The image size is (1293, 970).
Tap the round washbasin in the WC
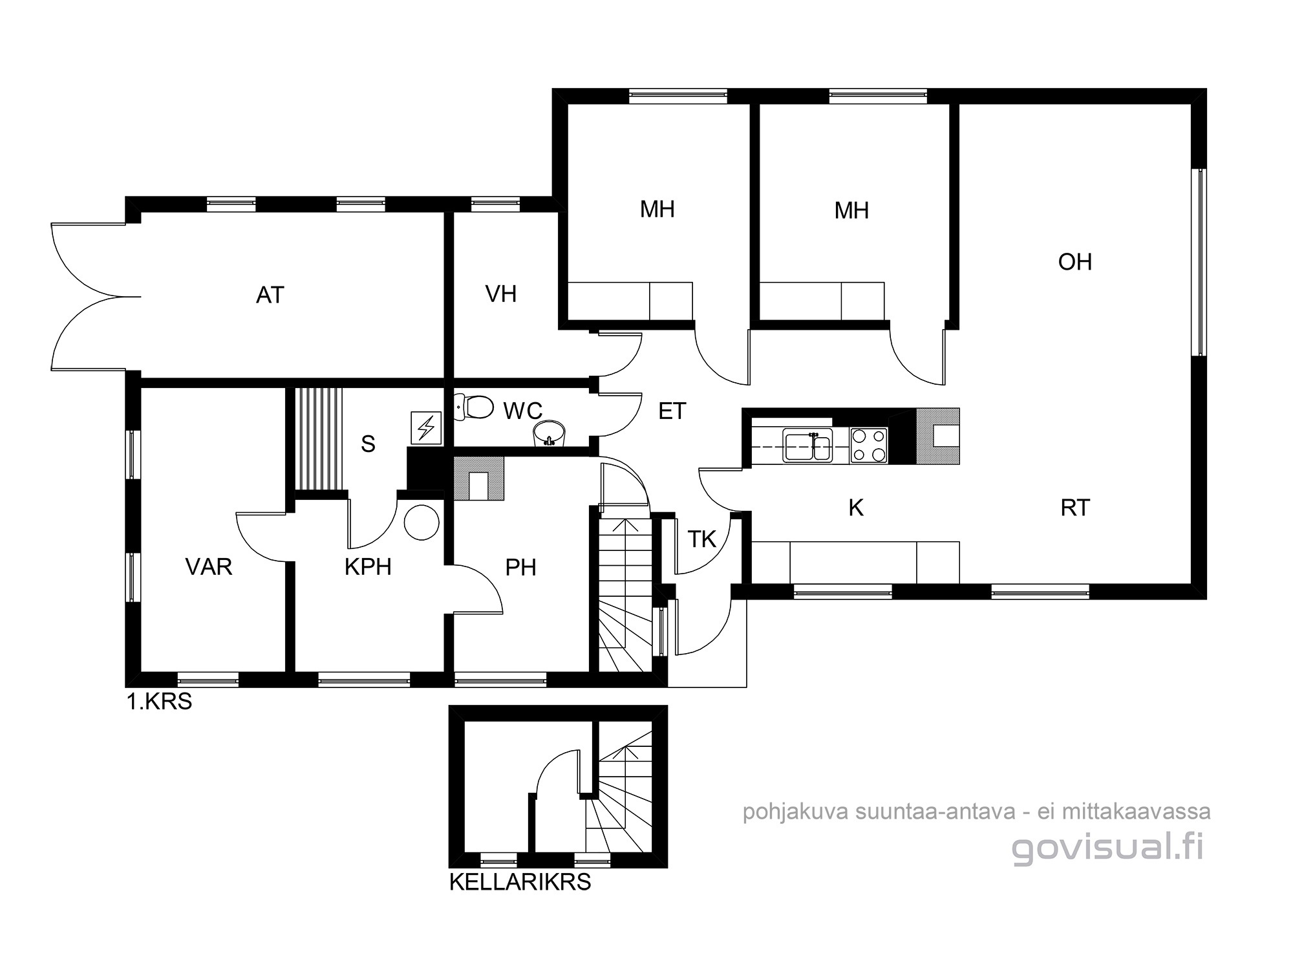pyautogui.click(x=549, y=433)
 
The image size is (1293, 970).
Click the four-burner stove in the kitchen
pyautogui.click(x=868, y=446)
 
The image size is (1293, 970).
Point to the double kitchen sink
pyautogui.click(x=807, y=446)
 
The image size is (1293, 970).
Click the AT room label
pyautogui.click(x=270, y=295)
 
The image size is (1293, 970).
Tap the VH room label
pyautogui.click(x=501, y=294)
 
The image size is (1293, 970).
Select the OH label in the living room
pyautogui.click(x=1075, y=262)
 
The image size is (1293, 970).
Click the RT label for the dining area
pyautogui.click(x=1075, y=508)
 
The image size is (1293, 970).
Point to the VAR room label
pyautogui.click(x=209, y=566)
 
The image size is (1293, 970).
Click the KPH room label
pyautogui.click(x=368, y=566)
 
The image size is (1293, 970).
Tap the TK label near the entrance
pyautogui.click(x=702, y=539)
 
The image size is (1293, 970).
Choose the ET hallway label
pyautogui.click(x=672, y=411)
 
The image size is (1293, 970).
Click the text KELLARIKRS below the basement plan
pyautogui.click(x=520, y=882)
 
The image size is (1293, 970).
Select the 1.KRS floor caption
pyautogui.click(x=159, y=702)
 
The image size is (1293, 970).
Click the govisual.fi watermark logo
pyautogui.click(x=1108, y=848)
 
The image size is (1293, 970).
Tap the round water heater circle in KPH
pyautogui.click(x=422, y=521)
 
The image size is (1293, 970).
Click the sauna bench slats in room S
pyautogui.click(x=317, y=439)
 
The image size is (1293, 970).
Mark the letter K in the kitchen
pyautogui.click(x=856, y=508)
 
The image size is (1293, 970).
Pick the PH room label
pyautogui.click(x=520, y=567)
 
